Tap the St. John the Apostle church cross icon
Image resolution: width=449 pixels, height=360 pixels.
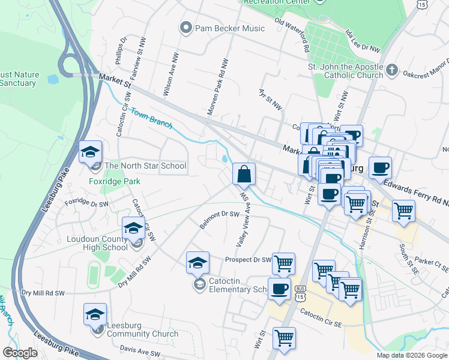coord(391,70)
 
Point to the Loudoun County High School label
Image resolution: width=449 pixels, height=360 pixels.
coord(97,242)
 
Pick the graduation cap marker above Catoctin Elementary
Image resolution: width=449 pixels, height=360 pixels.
coord(197,262)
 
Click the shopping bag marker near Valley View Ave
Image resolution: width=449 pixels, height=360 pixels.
coord(244,174)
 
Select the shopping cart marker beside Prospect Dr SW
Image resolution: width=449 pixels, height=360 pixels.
coord(283,263)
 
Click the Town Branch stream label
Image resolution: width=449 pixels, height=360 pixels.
coord(152,119)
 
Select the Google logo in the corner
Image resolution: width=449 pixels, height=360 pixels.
coord(19,353)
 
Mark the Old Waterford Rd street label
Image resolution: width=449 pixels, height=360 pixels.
coord(291,35)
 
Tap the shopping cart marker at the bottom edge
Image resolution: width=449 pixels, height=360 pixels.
coord(283,337)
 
